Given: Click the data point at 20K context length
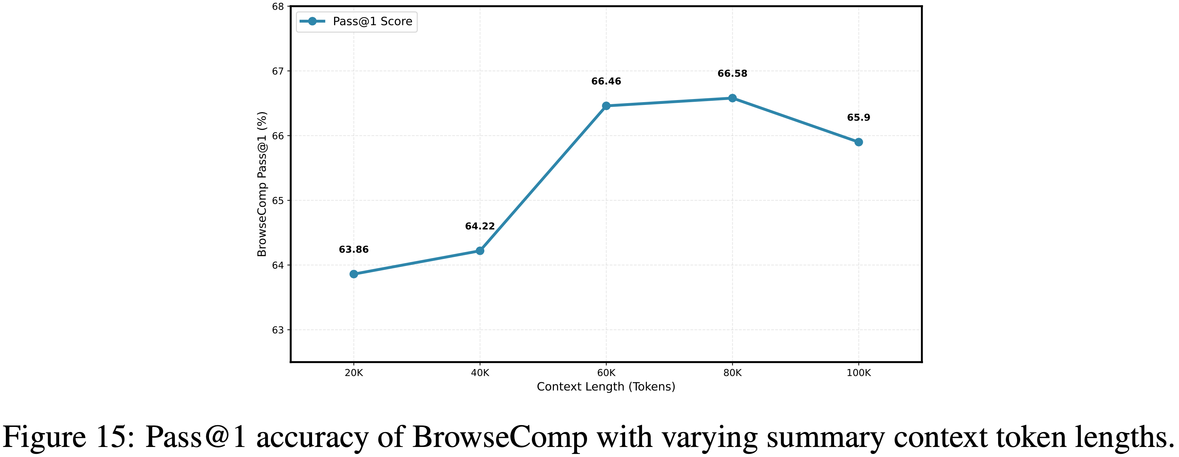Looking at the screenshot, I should coord(354,274).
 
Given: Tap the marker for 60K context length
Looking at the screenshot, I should coord(606,106).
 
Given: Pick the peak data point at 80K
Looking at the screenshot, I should coord(732,98).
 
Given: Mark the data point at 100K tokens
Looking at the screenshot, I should coord(859,142).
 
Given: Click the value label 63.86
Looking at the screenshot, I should coord(354,250).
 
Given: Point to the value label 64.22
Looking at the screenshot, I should coord(479,226).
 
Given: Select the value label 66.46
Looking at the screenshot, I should coord(606,81).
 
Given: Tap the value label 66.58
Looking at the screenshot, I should coord(732,74).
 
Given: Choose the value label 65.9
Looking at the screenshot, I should coord(859,118).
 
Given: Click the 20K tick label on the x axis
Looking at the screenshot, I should coord(354,373).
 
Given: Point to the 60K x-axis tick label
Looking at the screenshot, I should coord(606,373).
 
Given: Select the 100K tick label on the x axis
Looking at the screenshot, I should coord(859,373).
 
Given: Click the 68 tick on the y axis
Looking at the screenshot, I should coord(278,7).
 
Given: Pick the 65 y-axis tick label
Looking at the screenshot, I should coord(278,200).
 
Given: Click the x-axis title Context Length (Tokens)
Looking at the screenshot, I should coord(606,387).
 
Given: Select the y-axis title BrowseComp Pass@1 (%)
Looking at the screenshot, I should coord(262,184).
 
